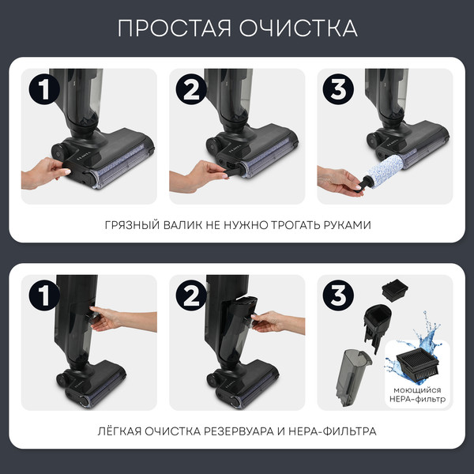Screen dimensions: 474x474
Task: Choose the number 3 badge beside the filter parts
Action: point(337,296)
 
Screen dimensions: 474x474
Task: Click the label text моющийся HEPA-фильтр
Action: point(419,395)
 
